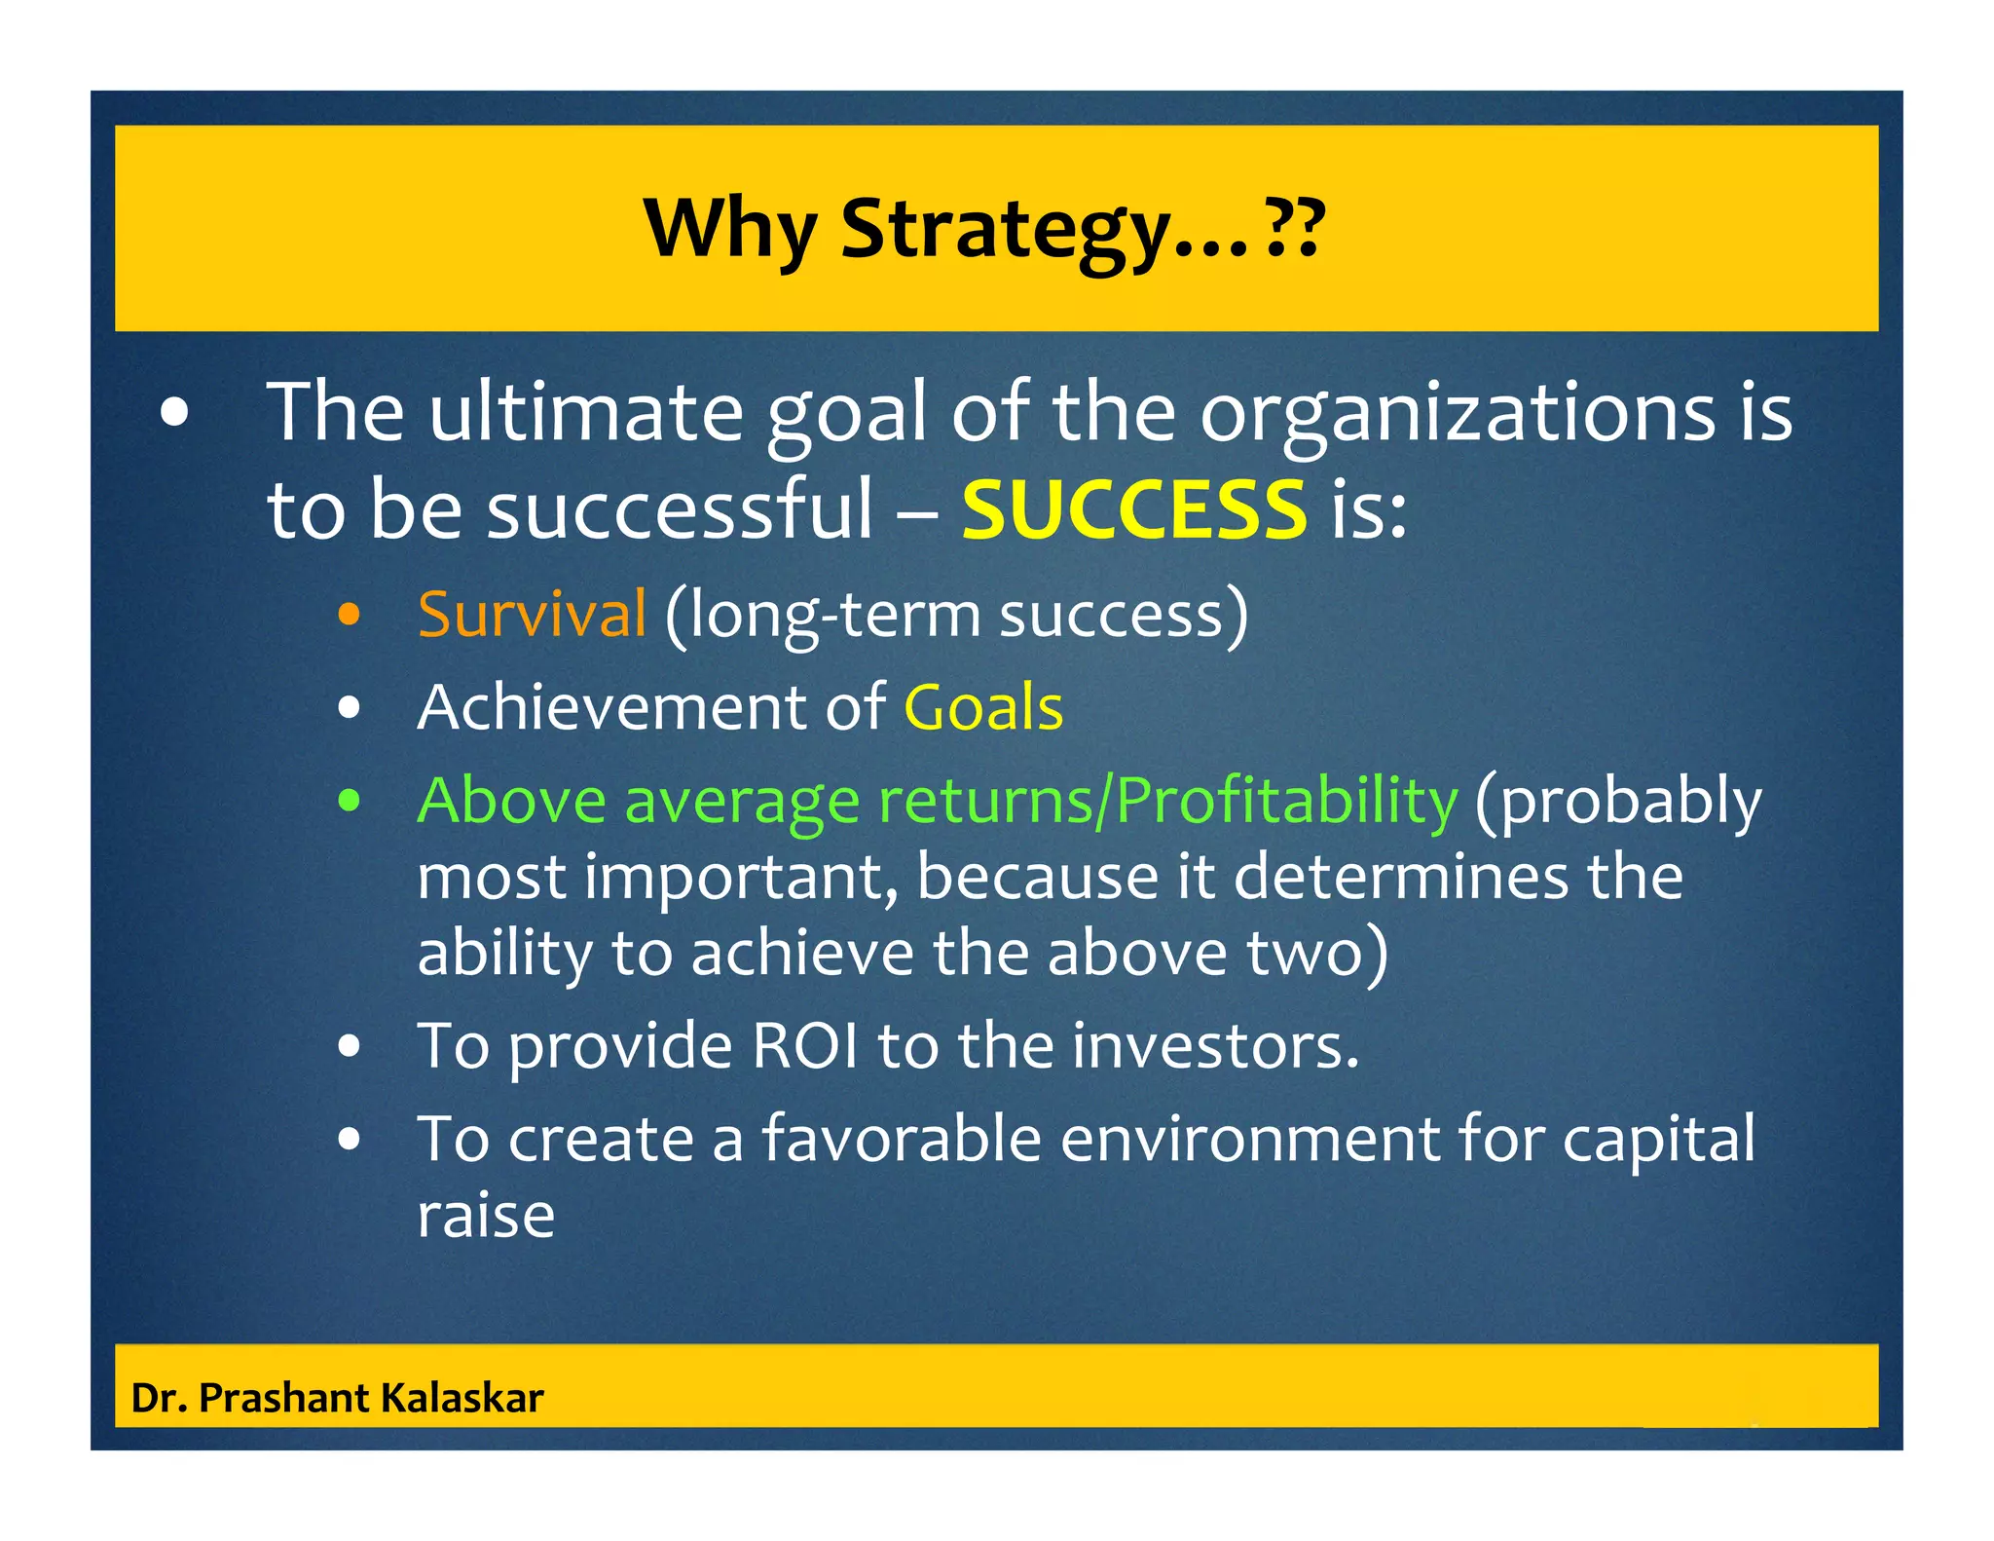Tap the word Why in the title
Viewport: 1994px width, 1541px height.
[x=730, y=231]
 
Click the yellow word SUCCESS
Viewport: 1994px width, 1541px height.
[x=1133, y=510]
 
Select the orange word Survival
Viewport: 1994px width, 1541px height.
[x=532, y=615]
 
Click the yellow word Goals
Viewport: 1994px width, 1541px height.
[x=983, y=707]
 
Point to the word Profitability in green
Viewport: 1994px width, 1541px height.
[x=1286, y=801]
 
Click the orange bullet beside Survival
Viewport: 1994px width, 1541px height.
[x=349, y=616]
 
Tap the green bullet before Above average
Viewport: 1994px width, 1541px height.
[x=349, y=802]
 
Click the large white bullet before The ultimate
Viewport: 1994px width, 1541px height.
[x=175, y=413]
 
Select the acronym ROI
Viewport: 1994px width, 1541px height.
[x=805, y=1046]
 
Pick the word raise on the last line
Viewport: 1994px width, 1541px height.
[x=486, y=1216]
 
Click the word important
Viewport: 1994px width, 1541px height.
[x=741, y=877]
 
